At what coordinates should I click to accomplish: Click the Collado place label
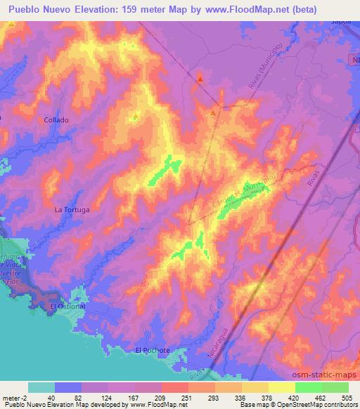tap(56, 119)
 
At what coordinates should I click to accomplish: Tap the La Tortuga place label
tap(72, 209)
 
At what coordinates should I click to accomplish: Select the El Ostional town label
tap(67, 306)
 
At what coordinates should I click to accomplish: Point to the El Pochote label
tap(153, 349)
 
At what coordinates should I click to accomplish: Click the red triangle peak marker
tap(200, 79)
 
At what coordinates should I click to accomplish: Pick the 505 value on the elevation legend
tap(346, 397)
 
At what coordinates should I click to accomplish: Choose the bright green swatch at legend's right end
tap(335, 387)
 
